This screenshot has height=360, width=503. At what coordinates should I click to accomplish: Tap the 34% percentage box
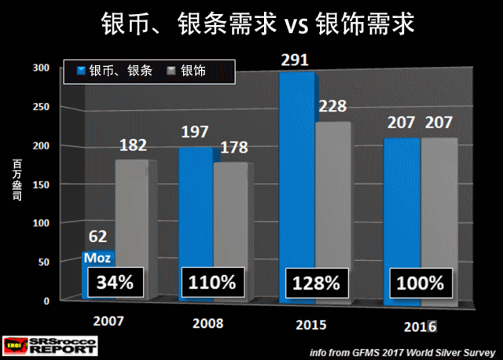point(110,281)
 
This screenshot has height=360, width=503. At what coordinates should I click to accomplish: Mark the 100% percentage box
point(420,281)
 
